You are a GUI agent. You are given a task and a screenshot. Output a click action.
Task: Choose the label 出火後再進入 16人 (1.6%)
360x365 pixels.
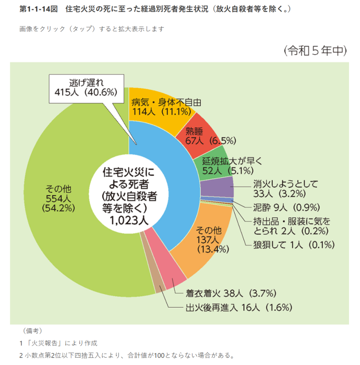coord(238,307)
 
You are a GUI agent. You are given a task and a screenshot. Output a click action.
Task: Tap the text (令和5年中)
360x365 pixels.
coord(315,51)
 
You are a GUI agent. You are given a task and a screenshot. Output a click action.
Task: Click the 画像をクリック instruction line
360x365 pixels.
coord(91,29)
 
